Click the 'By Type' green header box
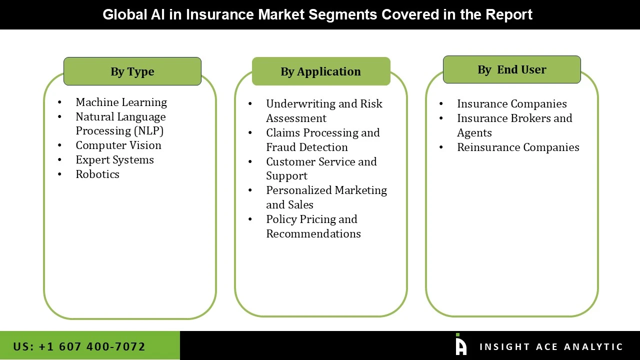(132, 71)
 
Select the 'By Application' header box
(321, 71)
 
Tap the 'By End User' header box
(511, 69)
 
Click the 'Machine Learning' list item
(121, 102)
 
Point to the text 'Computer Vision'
(118, 145)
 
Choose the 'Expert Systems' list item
(114, 159)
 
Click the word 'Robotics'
(97, 174)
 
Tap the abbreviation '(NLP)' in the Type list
(148, 131)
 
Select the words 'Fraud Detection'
(307, 147)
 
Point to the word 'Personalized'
(299, 190)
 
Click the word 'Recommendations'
(313, 233)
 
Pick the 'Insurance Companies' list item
(511, 103)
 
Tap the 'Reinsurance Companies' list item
(518, 147)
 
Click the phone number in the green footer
(79, 346)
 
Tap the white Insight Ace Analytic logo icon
(461, 344)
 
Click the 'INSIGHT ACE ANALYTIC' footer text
(551, 346)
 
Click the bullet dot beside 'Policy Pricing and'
(250, 219)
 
